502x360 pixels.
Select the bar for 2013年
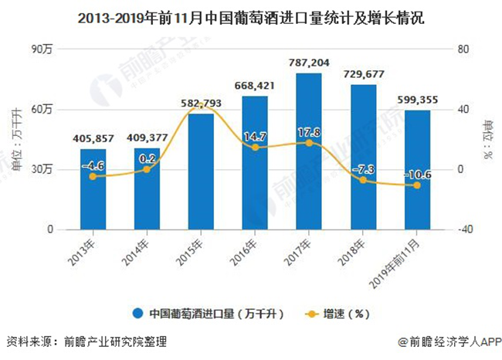tap(93, 189)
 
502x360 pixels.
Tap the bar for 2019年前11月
tap(417, 170)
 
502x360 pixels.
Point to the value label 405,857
tap(93, 139)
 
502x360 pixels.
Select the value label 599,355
tap(417, 100)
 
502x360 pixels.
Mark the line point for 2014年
tap(147, 169)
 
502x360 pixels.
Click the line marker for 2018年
tap(363, 180)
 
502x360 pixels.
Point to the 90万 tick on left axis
tap(42, 49)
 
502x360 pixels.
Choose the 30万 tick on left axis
tap(42, 169)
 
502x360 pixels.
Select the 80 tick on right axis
tap(463, 49)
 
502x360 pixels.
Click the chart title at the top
tap(251, 15)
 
